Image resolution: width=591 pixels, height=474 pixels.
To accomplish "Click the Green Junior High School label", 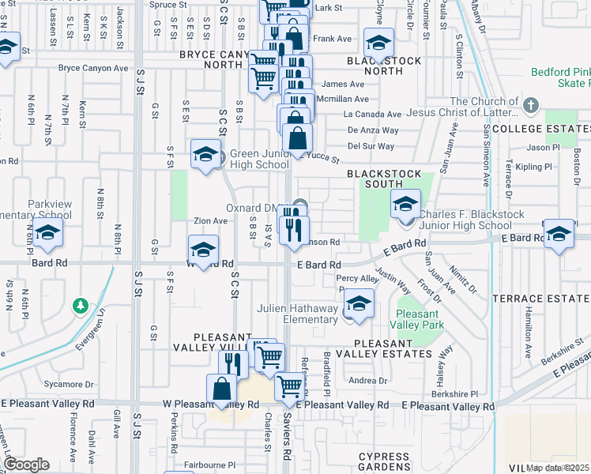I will point(259,159).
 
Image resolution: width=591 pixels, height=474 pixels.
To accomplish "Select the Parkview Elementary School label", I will point(50,209).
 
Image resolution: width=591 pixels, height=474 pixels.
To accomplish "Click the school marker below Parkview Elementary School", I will point(48,234).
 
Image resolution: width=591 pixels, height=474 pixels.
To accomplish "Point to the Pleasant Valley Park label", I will point(419,318).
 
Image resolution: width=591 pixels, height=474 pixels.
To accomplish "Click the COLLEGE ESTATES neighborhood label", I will point(542,128).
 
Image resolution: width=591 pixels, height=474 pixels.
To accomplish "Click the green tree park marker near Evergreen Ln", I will point(79,305).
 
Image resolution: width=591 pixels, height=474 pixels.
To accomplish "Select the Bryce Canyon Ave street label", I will point(93,68).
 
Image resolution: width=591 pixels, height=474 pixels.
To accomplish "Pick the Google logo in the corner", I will point(26,464).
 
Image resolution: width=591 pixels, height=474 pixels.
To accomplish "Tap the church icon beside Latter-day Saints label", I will point(531,104).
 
